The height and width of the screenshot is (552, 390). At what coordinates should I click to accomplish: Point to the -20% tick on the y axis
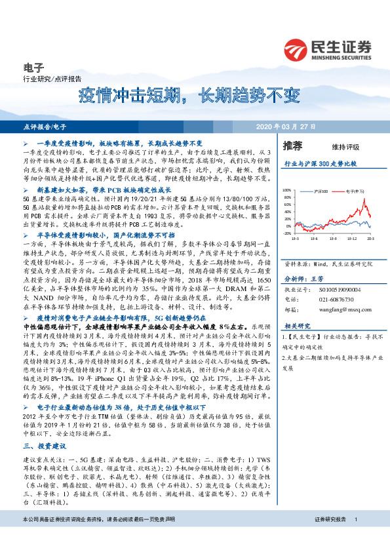[x=288, y=214]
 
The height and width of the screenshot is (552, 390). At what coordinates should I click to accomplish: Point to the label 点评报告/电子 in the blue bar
[x=44, y=126]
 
